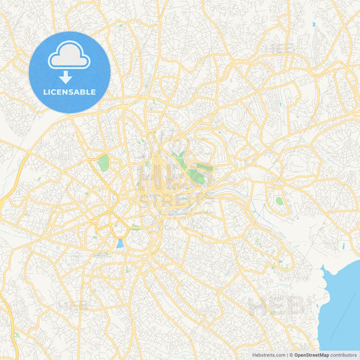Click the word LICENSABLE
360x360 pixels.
(x=70, y=91)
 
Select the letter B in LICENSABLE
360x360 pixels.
(x=84, y=91)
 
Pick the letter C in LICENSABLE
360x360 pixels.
(x=55, y=91)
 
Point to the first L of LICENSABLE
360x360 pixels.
(x=45, y=91)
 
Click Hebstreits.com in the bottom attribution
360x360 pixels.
(x=269, y=354)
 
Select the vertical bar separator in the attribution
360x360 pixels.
(x=286, y=354)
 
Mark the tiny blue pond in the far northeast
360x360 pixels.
(x=314, y=24)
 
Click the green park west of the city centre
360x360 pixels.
(x=103, y=162)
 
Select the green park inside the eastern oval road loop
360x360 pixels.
(x=279, y=201)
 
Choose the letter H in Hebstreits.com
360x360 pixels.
(x=255, y=354)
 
